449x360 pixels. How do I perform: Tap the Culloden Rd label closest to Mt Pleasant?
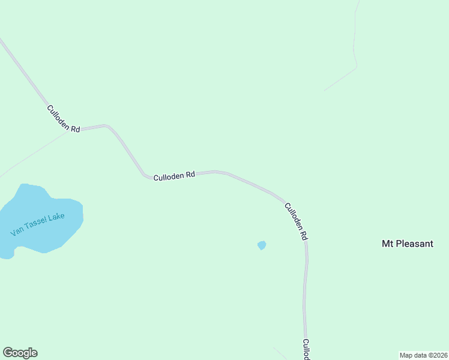(296, 221)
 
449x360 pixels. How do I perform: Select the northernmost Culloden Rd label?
(64, 119)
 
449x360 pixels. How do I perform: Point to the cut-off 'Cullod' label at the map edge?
(306, 350)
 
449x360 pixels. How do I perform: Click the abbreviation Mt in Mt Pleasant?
(388, 244)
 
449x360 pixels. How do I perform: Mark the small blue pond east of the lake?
(261, 245)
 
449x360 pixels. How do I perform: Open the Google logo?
(20, 353)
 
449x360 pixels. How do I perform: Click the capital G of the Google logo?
(8, 353)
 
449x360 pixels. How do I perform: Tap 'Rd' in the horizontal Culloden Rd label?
(190, 175)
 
